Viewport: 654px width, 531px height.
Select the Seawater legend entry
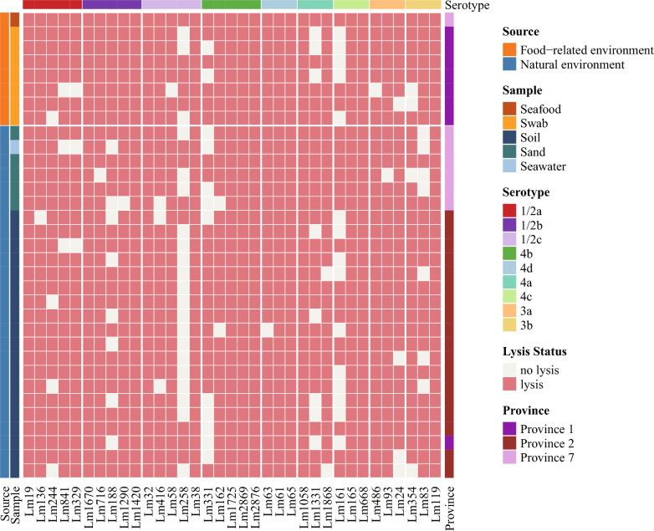point(544,166)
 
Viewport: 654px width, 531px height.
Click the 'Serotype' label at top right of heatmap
point(466,5)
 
